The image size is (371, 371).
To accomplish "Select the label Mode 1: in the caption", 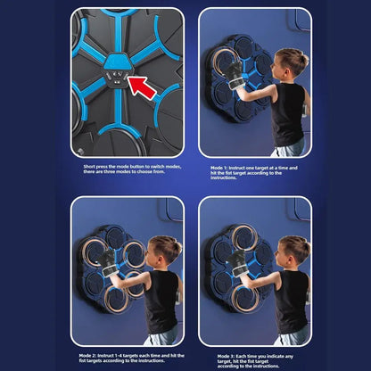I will [220, 166].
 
